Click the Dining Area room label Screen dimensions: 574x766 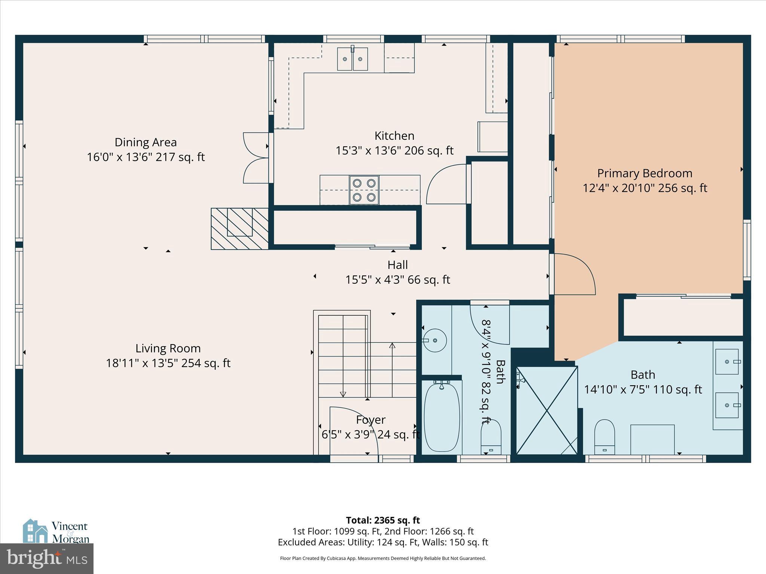point(145,142)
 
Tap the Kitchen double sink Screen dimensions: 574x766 point(352,59)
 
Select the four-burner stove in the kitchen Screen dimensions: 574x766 point(364,190)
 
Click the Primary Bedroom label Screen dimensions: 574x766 point(644,173)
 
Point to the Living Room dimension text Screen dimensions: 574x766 point(168,363)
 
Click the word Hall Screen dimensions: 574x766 point(397,265)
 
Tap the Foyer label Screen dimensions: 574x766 point(370,420)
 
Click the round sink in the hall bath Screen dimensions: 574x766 point(435,340)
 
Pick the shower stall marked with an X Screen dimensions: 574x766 point(546,410)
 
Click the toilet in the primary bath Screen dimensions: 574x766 point(604,436)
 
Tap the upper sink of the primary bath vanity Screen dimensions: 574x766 point(727,362)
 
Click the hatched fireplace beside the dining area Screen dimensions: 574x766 point(240,228)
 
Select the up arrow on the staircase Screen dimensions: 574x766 point(392,346)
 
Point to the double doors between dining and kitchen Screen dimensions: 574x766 point(256,158)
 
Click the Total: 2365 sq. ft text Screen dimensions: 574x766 point(383,520)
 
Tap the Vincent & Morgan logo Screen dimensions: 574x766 point(56,531)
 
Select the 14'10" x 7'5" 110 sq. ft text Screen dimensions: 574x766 point(643,390)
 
